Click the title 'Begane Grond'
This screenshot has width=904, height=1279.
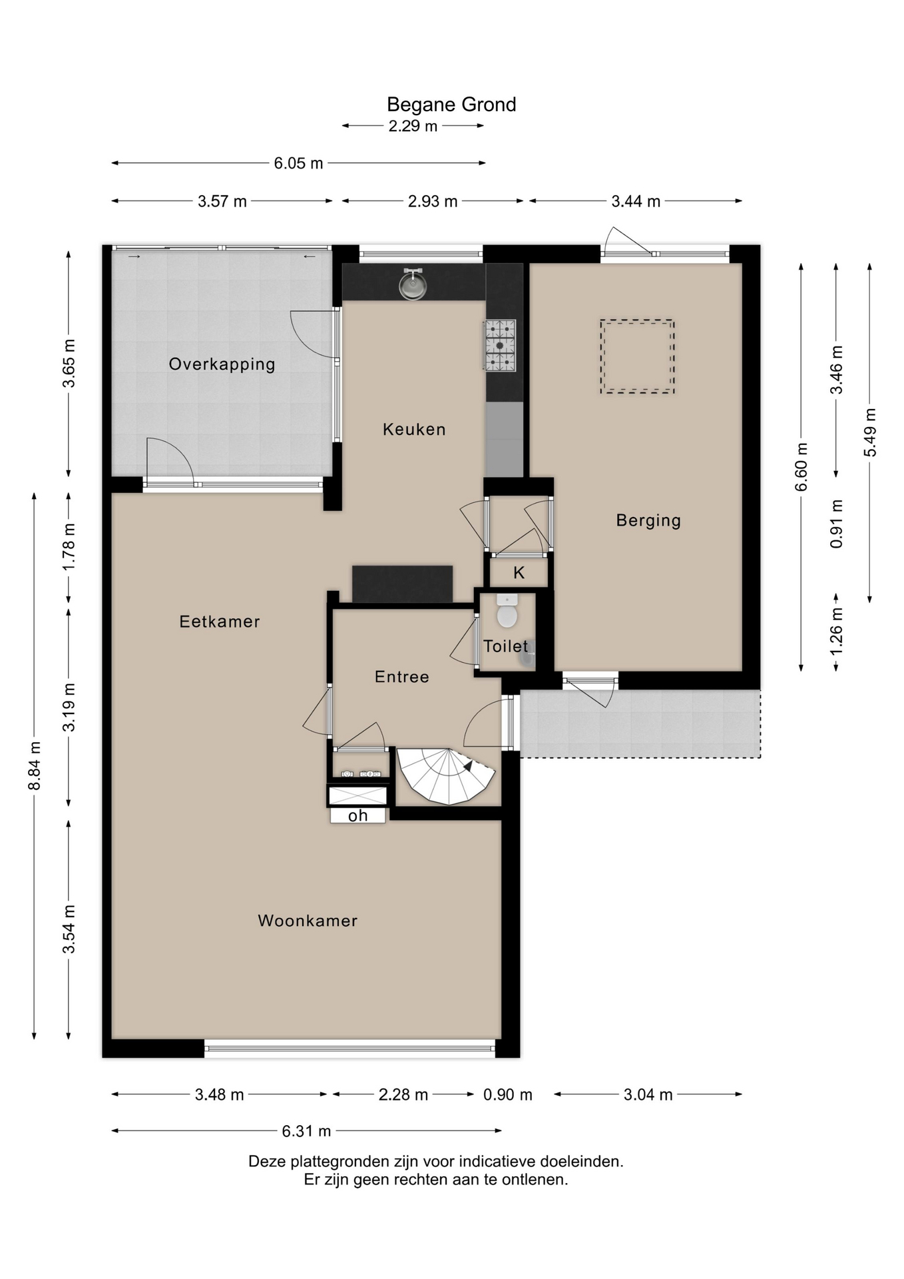click(451, 105)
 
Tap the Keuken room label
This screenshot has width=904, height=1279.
click(414, 430)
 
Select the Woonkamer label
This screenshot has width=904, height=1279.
click(308, 921)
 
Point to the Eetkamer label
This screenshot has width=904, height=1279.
click(220, 622)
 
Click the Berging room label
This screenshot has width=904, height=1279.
click(648, 520)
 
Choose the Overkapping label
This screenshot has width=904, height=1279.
click(222, 364)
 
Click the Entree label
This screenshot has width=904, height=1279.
click(402, 677)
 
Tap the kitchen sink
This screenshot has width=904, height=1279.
click(413, 284)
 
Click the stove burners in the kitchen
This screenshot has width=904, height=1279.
click(500, 345)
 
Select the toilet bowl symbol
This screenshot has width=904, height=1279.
click(507, 611)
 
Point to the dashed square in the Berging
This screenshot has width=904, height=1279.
click(637, 356)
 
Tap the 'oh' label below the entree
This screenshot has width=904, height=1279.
click(358, 815)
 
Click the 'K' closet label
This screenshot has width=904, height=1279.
click(519, 572)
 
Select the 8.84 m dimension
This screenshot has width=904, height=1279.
click(35, 766)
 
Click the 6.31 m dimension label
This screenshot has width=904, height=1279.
click(306, 1131)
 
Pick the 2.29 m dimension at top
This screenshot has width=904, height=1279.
click(413, 126)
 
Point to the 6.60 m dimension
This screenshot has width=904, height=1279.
click(801, 467)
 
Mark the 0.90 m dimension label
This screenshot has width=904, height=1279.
click(508, 1094)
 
